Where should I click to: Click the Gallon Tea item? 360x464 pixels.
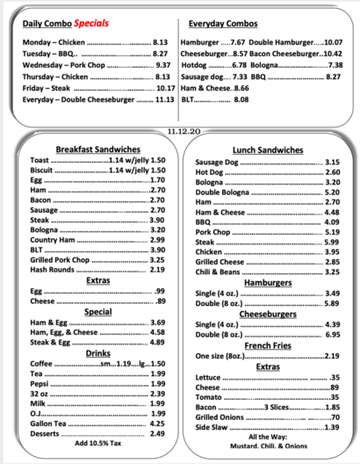click(x=47, y=423)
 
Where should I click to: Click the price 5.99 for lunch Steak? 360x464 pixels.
click(x=331, y=242)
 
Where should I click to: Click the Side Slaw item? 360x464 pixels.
click(x=212, y=427)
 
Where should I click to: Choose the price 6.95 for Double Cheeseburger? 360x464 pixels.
click(x=331, y=335)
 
